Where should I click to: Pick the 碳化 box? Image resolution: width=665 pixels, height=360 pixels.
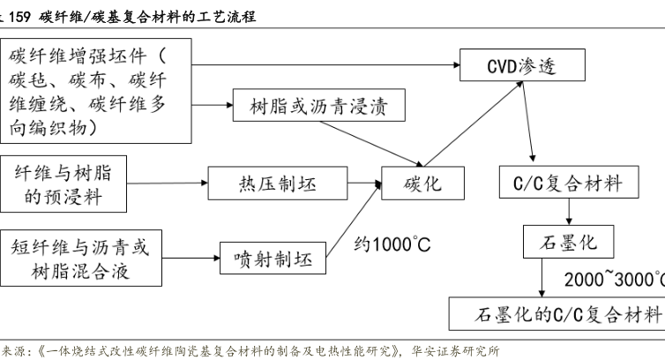pyautogui.click(x=422, y=184)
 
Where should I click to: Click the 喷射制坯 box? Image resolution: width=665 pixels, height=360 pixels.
pyautogui.click(x=273, y=259)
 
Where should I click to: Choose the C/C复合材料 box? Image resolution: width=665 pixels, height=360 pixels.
pyautogui.click(x=567, y=184)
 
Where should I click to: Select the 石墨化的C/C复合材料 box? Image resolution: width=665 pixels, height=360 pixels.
pyautogui.click(x=556, y=313)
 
